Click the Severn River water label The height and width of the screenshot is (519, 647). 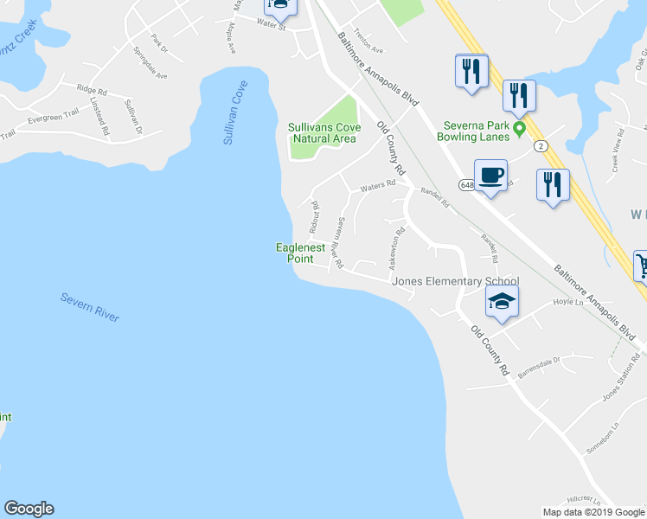tap(90, 307)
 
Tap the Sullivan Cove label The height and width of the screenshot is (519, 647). tap(235, 112)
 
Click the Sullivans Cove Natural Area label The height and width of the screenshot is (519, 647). tap(322, 132)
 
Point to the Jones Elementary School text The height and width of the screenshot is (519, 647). tap(455, 281)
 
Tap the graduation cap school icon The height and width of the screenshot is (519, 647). tap(501, 301)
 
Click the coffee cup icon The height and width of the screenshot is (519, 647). tap(491, 176)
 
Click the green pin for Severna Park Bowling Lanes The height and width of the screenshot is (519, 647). tap(520, 130)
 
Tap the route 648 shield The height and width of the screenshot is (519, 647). tap(467, 185)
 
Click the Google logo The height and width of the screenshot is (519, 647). tap(29, 509)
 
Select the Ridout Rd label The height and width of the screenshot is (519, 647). tap(316, 216)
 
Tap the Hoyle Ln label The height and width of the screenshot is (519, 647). tap(564, 303)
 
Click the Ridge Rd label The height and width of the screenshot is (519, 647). tap(91, 89)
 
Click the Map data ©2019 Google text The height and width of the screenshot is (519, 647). tap(593, 512)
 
